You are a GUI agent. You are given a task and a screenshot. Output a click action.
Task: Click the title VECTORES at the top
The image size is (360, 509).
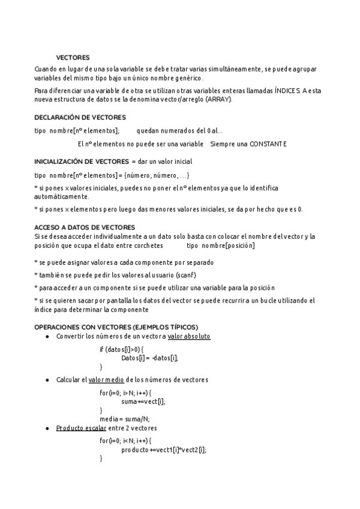click(x=73, y=58)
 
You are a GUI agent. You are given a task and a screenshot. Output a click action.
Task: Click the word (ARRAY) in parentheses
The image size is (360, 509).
click(x=218, y=99)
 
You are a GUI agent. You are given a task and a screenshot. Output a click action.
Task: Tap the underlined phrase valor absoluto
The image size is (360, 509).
click(x=189, y=337)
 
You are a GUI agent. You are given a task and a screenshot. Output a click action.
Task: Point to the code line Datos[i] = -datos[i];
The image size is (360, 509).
click(x=149, y=358)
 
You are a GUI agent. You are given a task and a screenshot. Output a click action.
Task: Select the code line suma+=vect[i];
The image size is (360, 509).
click(x=143, y=402)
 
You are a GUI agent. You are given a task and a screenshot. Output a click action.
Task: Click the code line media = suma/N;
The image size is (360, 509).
click(x=125, y=419)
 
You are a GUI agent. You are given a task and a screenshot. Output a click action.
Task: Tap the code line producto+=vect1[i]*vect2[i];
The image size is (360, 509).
click(x=163, y=450)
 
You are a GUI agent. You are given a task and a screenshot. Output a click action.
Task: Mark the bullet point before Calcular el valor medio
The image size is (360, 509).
click(x=47, y=381)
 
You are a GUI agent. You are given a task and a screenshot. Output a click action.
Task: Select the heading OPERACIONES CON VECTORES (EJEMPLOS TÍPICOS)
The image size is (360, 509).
click(x=116, y=327)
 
